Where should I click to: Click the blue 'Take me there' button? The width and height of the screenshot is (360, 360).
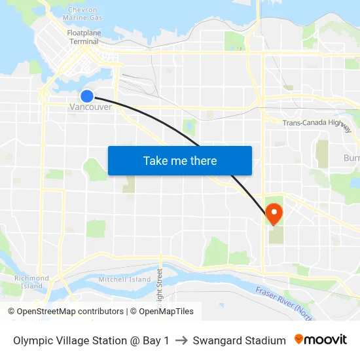tap(179, 160)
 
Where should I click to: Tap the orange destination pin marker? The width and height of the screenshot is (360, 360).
tap(274, 213)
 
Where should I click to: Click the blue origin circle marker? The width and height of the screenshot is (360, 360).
tap(87, 96)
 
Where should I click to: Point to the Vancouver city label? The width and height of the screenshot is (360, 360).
tap(90, 107)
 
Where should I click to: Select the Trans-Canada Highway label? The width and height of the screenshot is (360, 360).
tap(317, 123)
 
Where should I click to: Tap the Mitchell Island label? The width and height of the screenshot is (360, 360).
tap(124, 279)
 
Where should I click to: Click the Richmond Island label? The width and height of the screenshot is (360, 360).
tap(31, 282)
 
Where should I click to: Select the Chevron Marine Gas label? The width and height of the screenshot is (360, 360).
tap(83, 14)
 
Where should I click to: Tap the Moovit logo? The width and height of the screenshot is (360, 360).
tap(320, 340)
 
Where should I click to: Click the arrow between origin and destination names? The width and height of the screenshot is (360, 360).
tap(181, 340)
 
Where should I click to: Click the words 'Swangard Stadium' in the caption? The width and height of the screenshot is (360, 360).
tap(240, 340)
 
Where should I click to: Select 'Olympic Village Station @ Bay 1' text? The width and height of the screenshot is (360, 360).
tap(91, 340)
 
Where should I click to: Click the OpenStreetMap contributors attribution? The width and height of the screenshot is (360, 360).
tap(65, 312)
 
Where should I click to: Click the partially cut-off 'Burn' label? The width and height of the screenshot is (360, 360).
tap(351, 158)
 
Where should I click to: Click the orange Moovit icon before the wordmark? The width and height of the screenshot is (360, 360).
tap(299, 339)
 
